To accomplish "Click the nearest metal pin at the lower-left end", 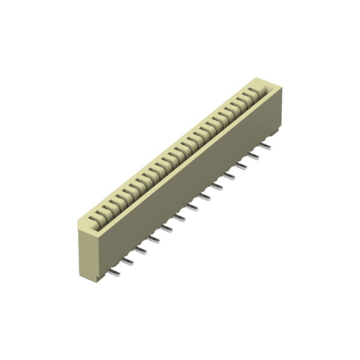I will click(x=114, y=273).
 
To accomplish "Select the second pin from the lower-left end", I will click(x=127, y=261).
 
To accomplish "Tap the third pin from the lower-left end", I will click(x=140, y=250).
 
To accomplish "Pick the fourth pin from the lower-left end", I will click(x=154, y=239).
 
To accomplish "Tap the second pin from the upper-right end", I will click(x=253, y=155).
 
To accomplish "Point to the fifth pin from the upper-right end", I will click(x=217, y=186).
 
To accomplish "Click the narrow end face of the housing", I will click(x=88, y=252).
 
